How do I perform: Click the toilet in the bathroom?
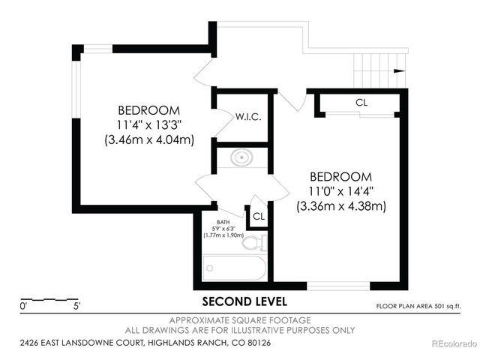click(256, 242)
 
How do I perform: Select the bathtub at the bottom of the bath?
click(234, 268)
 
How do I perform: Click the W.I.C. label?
click(247, 117)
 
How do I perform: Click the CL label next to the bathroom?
click(259, 216)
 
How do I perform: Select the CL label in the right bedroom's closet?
click(361, 102)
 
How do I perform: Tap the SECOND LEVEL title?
click(244, 301)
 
